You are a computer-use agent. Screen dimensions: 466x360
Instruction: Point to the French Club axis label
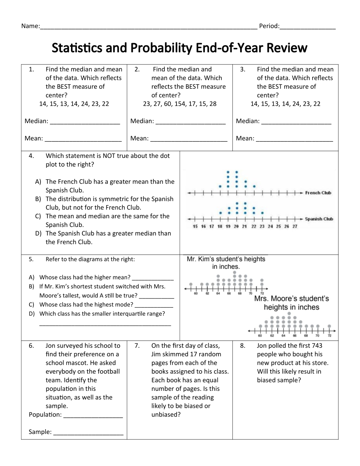318,193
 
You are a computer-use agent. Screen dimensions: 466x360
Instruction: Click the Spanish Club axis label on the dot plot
319,219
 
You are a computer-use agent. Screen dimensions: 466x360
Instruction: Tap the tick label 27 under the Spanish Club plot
295,226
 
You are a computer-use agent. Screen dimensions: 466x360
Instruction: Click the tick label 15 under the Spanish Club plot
195,226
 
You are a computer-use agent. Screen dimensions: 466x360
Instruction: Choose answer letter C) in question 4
38,216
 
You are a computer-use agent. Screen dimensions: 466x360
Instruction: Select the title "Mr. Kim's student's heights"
226,259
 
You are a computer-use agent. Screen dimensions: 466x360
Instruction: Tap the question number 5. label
31,259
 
